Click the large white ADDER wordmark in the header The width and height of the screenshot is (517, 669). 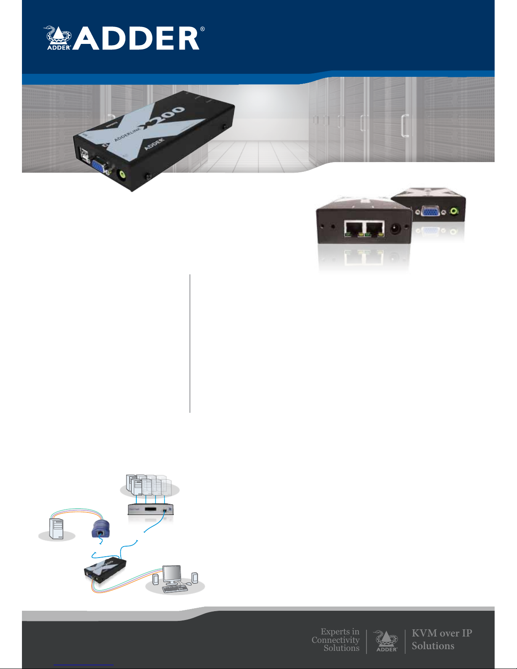point(137,39)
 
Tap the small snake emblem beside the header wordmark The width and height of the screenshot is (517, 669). point(58,38)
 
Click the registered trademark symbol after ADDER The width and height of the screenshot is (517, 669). point(203,29)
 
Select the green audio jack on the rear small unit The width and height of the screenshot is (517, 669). point(454,210)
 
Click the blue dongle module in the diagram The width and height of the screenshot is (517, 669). point(100,529)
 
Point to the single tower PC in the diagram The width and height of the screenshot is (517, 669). point(57,529)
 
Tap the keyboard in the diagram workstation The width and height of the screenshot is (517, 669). point(175,588)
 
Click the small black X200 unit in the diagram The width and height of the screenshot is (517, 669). point(106,568)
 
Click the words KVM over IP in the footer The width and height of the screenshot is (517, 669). point(441,633)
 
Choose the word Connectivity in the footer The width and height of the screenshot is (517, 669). point(336,640)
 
